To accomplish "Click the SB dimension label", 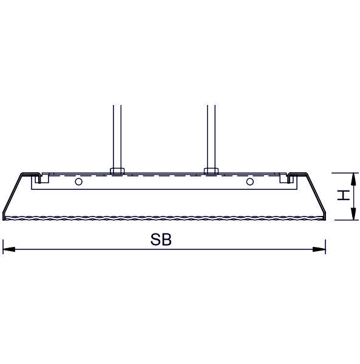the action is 161,240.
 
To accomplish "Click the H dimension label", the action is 344,195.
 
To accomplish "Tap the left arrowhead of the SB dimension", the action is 9,249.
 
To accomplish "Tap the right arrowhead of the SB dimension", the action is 319,249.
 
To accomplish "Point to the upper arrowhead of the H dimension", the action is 353,179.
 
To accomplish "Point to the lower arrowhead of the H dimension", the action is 353,214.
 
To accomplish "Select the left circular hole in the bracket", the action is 79,181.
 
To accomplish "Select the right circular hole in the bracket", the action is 250,181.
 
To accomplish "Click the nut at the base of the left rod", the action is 117,171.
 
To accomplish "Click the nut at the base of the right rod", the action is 211,171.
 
